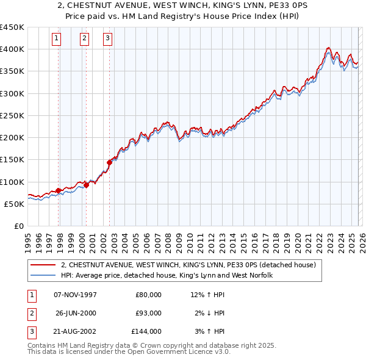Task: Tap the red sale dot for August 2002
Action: pyautogui.click(x=110, y=162)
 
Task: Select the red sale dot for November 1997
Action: pyautogui.click(x=59, y=190)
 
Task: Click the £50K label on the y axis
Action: pyautogui.click(x=15, y=204)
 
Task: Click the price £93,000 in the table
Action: pyautogui.click(x=148, y=313)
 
